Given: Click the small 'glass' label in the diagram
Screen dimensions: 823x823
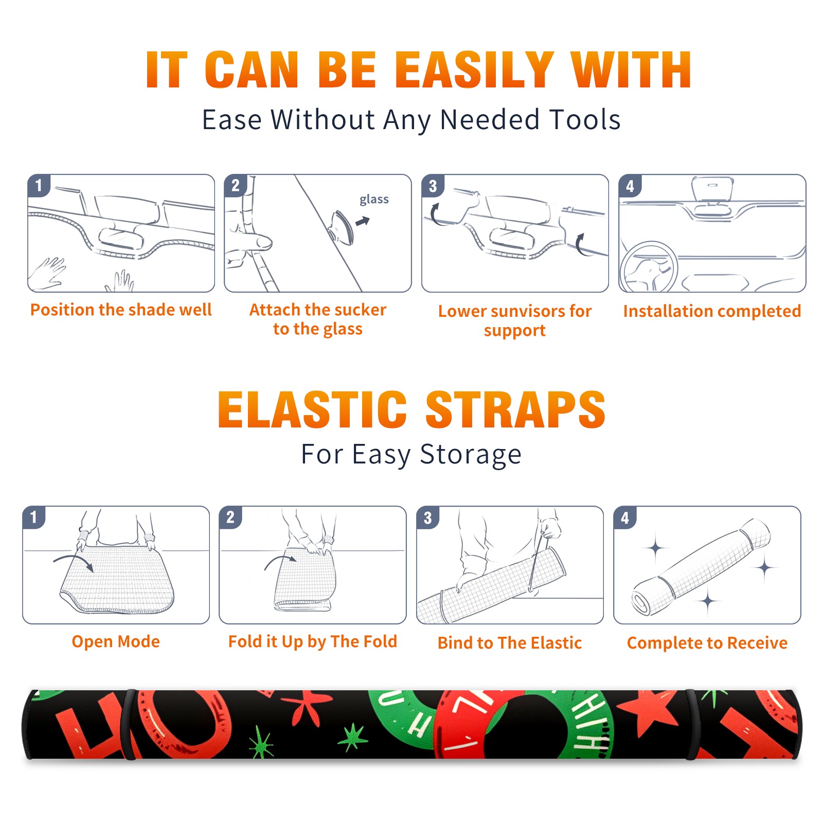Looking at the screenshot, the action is pos(374,200).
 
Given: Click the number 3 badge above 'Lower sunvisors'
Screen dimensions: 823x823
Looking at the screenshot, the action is pos(433,186).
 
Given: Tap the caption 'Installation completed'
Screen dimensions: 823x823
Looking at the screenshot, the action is pos(712,311).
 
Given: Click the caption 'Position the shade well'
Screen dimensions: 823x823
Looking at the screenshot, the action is pos(121,310).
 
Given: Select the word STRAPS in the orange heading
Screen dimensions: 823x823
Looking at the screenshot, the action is pos(515,409).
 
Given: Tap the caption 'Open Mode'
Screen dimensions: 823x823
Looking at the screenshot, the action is pos(116,641).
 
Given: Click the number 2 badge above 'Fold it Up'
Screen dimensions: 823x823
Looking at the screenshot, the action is pos(230,517).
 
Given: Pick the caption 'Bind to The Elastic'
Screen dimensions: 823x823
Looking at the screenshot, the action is pos(510,643).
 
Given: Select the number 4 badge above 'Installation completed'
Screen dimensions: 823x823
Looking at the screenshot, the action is pos(630,186).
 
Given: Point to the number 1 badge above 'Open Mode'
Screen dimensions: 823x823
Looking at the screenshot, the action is pos(34,517).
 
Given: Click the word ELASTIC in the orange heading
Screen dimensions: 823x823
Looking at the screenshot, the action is pos(312,409).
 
